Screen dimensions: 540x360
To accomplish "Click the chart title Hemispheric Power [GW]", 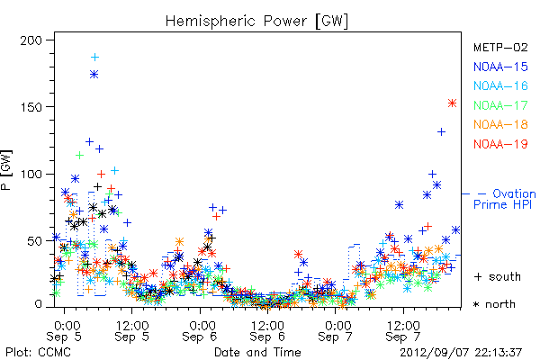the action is tap(256, 22).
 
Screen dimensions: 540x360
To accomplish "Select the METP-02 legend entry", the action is tap(500, 47).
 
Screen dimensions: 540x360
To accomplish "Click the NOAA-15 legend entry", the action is tap(500, 67).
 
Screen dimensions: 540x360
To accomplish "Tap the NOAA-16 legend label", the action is tap(500, 85).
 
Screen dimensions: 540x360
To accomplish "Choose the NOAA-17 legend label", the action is tap(500, 105).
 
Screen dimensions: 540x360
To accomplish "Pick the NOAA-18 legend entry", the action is tap(500, 124).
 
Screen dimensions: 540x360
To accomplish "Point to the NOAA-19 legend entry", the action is tap(500, 144).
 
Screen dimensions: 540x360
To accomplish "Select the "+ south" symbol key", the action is tap(498, 276).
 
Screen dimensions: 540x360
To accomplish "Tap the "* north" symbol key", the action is tap(494, 304).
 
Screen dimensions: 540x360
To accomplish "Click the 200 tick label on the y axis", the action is tap(31, 40).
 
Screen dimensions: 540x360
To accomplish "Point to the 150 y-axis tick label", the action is tap(31, 107).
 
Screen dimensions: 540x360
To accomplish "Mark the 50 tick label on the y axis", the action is tap(34, 241).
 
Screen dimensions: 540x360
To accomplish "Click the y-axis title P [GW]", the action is tap(6, 170).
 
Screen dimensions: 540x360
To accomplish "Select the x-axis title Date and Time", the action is tap(257, 353).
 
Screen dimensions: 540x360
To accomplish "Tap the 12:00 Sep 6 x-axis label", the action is tap(267, 331).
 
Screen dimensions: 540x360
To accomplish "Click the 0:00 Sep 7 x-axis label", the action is tap(336, 331).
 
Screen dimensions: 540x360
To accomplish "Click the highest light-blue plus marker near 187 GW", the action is tap(94, 58).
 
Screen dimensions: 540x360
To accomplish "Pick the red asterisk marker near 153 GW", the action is tap(452, 103).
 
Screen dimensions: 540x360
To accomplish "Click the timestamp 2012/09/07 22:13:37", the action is tap(461, 353).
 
